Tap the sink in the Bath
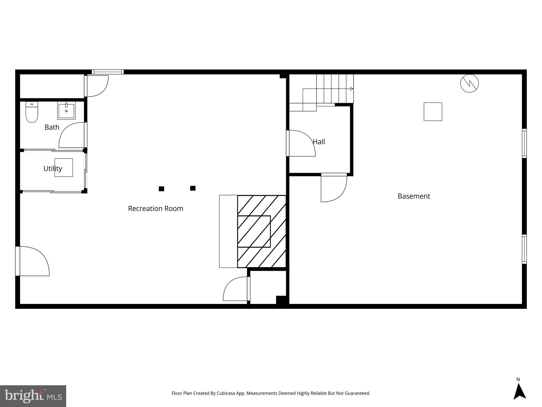[x=66, y=110]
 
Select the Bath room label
[x=52, y=127]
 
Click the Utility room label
[x=53, y=169]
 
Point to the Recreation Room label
[x=155, y=209]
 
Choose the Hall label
[x=319, y=142]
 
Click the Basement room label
[x=414, y=196]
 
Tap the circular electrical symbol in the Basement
[x=469, y=83]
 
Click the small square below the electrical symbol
[x=433, y=112]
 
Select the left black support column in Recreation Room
[x=161, y=189]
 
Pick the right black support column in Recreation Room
[x=193, y=188]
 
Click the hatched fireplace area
[x=261, y=231]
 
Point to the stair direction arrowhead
[x=351, y=89]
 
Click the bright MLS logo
[x=33, y=396]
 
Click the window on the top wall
[x=108, y=72]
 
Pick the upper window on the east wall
[x=524, y=143]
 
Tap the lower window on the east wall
[x=524, y=249]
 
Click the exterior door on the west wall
[x=18, y=261]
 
